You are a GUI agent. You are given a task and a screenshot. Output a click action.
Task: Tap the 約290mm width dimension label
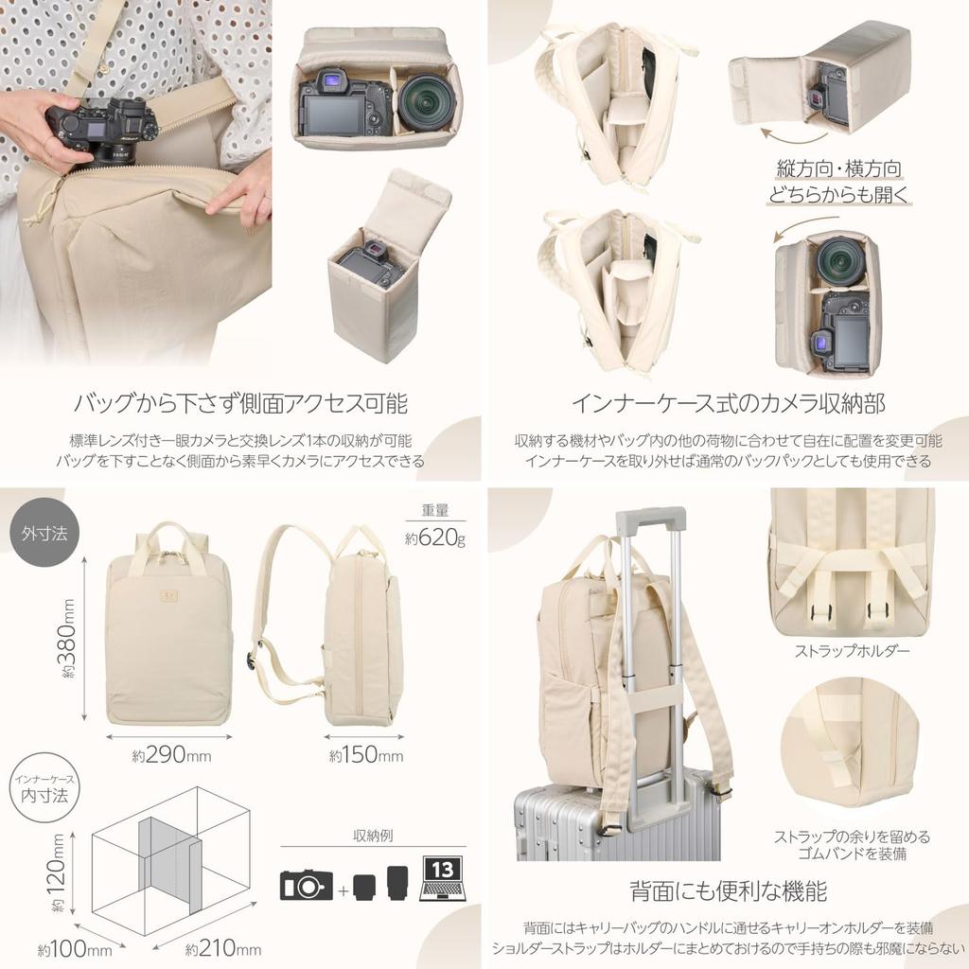pos(171,755)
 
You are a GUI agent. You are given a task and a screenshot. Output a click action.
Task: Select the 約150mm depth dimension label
pos(365,755)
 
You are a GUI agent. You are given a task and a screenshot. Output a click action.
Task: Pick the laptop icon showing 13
pos(442,879)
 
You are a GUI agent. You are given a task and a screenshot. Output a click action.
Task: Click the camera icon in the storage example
pos(307,886)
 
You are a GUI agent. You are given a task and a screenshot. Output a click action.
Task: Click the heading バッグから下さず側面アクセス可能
pos(240,404)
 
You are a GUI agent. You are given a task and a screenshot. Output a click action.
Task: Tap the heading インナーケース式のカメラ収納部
pos(728,404)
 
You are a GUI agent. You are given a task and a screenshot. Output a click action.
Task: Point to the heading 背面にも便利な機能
pos(728,890)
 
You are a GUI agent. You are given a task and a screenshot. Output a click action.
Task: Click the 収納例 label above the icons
pos(373,836)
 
